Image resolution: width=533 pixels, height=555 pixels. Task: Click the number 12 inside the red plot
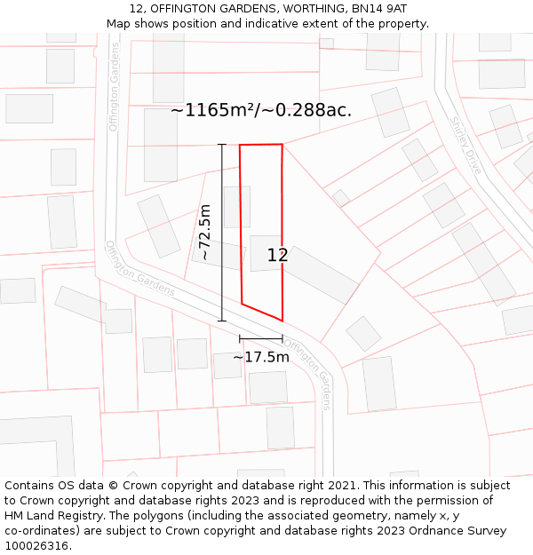click(x=277, y=256)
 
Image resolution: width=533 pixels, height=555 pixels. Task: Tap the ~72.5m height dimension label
click(x=204, y=233)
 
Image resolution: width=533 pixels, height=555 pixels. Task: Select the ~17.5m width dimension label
click(x=261, y=357)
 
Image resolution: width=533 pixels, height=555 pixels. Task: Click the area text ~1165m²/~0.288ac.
click(x=261, y=111)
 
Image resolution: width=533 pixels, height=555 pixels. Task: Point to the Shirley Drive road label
click(x=465, y=145)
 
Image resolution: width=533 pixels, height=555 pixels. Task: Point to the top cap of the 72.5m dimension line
click(x=222, y=144)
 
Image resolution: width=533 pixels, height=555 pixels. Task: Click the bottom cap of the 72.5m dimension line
click(x=222, y=321)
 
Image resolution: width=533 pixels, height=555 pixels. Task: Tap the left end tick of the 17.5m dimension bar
click(x=240, y=338)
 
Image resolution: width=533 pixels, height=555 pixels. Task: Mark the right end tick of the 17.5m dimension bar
click(x=282, y=338)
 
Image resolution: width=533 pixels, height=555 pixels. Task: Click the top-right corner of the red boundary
click(x=282, y=144)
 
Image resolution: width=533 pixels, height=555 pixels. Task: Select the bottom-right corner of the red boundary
click(x=282, y=321)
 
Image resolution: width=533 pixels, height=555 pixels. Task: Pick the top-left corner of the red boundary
click(x=240, y=145)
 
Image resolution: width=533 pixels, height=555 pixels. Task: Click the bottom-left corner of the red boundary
click(x=242, y=304)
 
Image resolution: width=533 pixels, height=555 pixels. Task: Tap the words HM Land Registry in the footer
click(x=50, y=516)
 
